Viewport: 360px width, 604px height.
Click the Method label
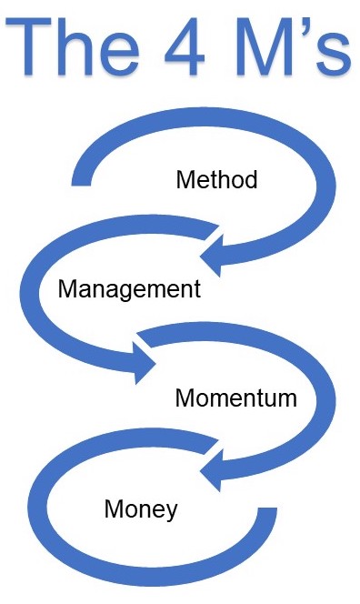(x=216, y=178)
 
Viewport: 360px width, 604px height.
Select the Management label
(x=128, y=289)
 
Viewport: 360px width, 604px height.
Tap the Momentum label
(x=235, y=398)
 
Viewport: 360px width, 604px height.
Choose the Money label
(x=141, y=508)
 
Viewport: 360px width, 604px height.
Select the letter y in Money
(x=171, y=511)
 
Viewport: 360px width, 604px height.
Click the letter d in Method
(x=251, y=178)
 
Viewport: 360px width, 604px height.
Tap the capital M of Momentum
(x=185, y=398)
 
